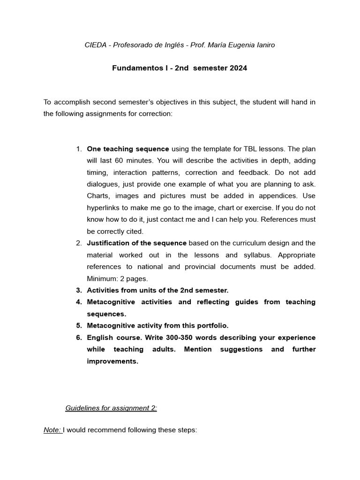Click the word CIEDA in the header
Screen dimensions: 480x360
click(95, 45)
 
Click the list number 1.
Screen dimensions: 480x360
click(79, 149)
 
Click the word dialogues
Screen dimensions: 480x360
click(103, 184)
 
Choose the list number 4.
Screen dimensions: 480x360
click(79, 302)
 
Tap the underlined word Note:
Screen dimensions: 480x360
click(52, 430)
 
